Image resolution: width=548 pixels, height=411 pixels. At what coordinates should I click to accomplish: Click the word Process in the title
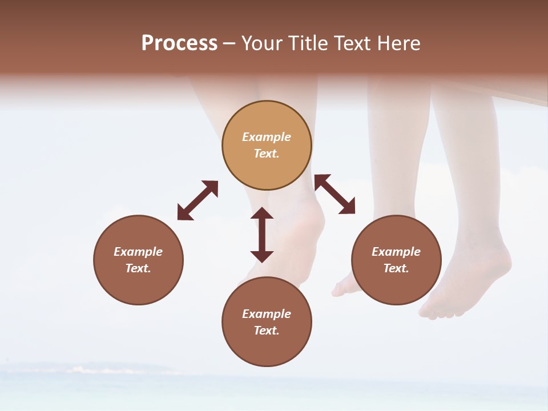click(179, 43)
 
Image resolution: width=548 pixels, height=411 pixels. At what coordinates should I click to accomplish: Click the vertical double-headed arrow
click(262, 235)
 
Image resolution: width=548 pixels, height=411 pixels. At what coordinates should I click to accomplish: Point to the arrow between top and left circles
click(198, 200)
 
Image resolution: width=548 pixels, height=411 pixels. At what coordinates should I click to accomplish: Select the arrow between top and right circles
click(335, 194)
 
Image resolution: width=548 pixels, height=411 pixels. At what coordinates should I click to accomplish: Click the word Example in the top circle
click(267, 137)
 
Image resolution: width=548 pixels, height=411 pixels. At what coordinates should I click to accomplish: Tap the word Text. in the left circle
click(138, 268)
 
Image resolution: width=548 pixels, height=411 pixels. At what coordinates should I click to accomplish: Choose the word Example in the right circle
click(396, 252)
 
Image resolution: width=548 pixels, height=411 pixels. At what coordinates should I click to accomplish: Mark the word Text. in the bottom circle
click(267, 331)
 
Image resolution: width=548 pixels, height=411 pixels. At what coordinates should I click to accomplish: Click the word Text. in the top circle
click(267, 154)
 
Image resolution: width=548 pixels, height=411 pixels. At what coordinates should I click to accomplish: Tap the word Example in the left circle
click(138, 252)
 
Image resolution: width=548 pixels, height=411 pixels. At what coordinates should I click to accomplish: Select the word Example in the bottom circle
click(267, 314)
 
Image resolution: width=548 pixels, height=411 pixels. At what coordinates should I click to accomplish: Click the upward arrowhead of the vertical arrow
click(262, 213)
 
